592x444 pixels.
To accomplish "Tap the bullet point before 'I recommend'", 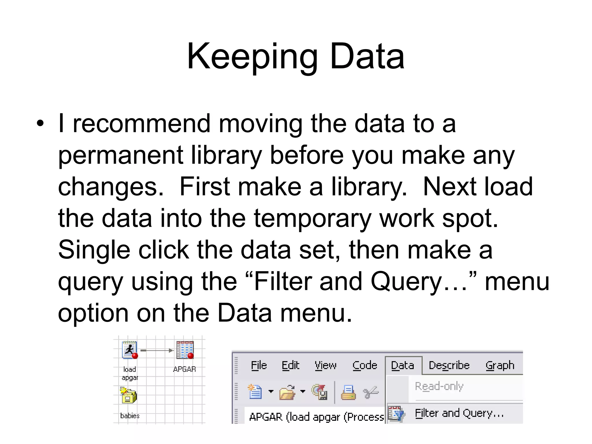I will tap(40, 124).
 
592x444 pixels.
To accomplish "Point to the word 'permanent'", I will tap(121, 156).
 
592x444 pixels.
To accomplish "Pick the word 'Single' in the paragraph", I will tap(94, 250).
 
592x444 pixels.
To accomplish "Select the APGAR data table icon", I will tap(185, 350).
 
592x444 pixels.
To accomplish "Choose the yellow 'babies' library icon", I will tap(128, 396).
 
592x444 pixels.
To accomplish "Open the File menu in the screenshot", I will tap(259, 366).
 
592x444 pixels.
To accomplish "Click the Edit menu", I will tap(290, 366).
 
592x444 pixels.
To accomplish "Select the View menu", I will tap(325, 366).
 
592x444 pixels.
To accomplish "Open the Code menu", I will tap(365, 366).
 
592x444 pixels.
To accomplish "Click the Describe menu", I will tap(449, 366).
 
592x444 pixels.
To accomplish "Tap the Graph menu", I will tap(500, 366).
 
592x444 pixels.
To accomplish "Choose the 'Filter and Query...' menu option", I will tap(459, 413).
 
